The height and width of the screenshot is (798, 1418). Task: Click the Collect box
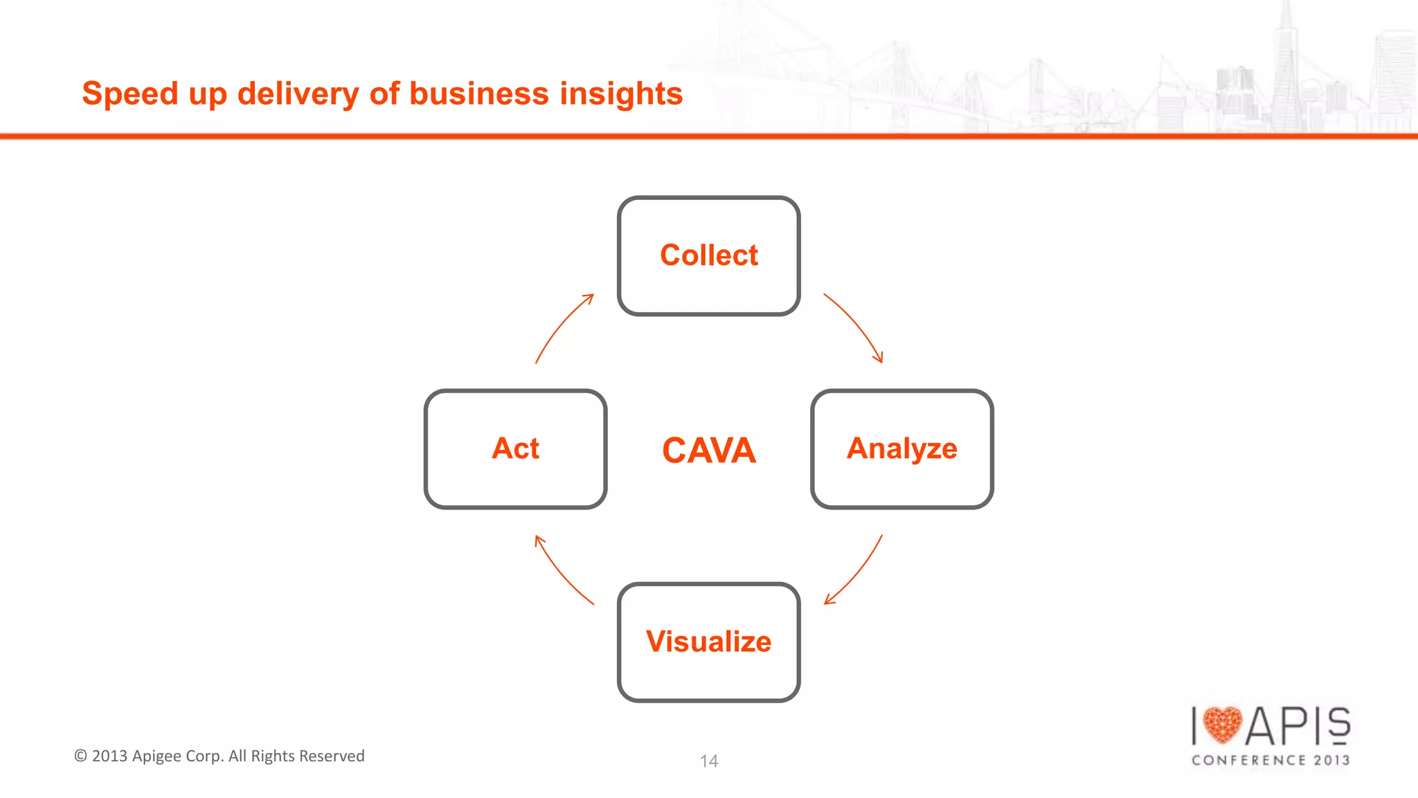(x=708, y=255)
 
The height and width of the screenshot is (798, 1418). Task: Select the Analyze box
(x=901, y=448)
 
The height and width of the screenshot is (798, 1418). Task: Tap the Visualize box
(x=708, y=642)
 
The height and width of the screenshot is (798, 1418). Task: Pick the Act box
(x=515, y=448)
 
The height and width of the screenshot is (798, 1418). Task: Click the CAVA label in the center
(x=708, y=450)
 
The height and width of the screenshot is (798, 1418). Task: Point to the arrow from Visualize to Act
(x=561, y=572)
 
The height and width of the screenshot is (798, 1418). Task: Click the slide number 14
(x=708, y=761)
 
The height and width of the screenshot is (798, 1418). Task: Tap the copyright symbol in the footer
(x=80, y=756)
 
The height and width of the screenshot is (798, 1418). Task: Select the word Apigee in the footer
(x=156, y=756)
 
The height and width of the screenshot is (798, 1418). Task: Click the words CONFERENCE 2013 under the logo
(x=1271, y=760)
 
